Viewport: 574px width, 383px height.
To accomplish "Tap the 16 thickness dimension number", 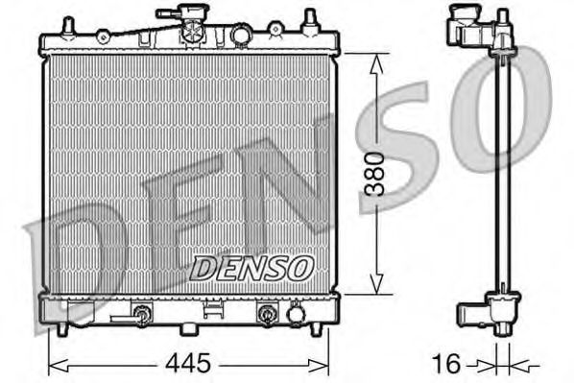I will pos(446,366).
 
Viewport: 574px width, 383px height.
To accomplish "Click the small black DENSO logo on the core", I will pos(251,268).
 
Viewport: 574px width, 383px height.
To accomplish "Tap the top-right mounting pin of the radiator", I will pos(310,19).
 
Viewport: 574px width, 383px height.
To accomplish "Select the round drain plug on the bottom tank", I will pos(296,314).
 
